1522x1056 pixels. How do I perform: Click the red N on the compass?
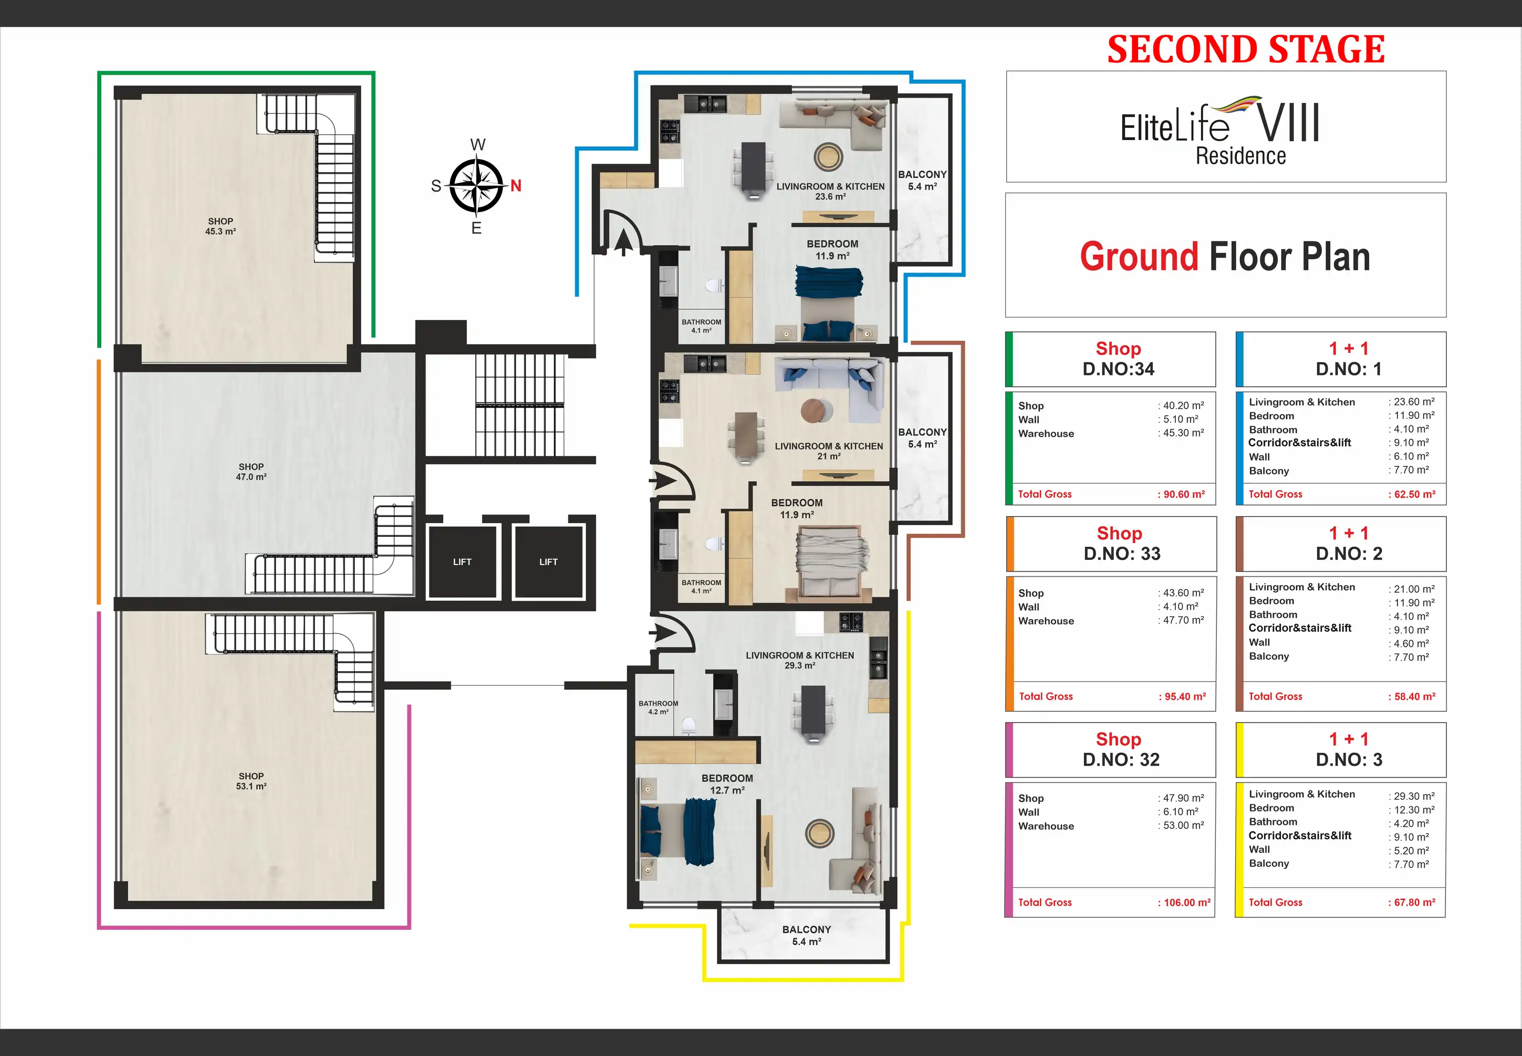(x=516, y=186)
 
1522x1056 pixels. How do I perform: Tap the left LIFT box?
(x=462, y=561)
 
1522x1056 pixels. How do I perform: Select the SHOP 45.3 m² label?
(x=220, y=226)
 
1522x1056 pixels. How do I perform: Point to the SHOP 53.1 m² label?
(x=252, y=781)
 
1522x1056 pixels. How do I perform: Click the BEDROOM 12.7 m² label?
(x=728, y=784)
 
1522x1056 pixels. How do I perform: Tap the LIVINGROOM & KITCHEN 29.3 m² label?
(x=800, y=660)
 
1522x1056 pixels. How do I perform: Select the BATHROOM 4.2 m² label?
(x=658, y=707)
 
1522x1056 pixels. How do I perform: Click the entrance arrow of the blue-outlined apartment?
(x=622, y=242)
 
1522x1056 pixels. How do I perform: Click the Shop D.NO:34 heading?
(x=1119, y=358)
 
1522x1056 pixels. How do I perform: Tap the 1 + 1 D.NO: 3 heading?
(x=1349, y=749)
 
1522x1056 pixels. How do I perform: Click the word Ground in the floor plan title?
(x=1139, y=257)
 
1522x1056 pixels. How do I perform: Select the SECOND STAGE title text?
(x=1246, y=50)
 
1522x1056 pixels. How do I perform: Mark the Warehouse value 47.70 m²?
(x=1184, y=621)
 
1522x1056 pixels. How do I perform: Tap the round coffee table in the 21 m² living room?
(x=817, y=411)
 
